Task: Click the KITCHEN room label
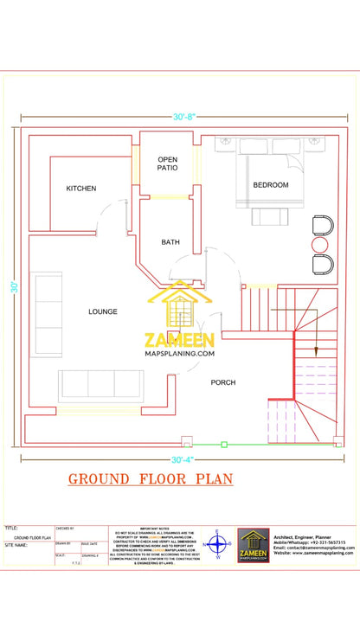[81, 188]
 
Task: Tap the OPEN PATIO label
[167, 164]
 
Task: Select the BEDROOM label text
[271, 184]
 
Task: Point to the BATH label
[170, 242]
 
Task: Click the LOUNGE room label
[102, 311]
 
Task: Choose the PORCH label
[223, 381]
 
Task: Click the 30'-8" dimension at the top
[185, 116]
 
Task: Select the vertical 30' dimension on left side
[15, 286]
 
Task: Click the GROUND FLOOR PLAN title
[150, 478]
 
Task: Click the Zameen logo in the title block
[254, 546]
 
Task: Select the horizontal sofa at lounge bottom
[100, 384]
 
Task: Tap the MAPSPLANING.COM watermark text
[180, 353]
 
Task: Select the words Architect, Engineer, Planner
[301, 537]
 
